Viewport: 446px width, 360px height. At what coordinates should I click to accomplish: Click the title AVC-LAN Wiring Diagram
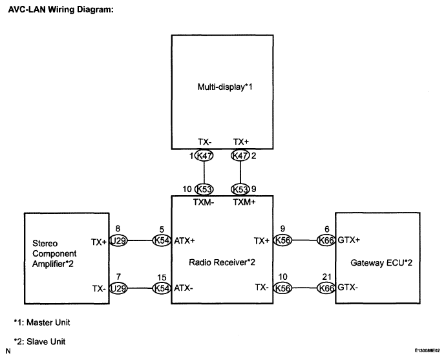point(61,10)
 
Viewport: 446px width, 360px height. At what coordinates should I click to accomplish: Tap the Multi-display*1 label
point(225,87)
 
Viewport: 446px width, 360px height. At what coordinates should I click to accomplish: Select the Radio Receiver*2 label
point(222,262)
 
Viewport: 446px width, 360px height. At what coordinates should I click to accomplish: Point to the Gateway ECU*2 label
point(381,262)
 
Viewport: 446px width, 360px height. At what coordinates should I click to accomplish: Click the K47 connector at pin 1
point(204,156)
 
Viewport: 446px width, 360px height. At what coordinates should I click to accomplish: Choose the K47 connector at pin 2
point(240,156)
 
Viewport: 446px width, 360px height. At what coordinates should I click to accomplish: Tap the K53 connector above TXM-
point(204,189)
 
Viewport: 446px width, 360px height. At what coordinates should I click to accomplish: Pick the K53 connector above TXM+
point(240,189)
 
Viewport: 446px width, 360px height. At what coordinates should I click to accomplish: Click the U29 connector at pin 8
point(118,241)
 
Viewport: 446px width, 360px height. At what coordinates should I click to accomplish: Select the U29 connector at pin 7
point(118,288)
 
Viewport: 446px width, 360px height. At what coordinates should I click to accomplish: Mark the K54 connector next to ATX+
point(162,240)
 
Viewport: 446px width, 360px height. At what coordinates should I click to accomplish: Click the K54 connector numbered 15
point(162,288)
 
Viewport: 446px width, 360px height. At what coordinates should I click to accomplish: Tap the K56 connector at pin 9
point(282,240)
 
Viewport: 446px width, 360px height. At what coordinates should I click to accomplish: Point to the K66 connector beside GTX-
point(326,288)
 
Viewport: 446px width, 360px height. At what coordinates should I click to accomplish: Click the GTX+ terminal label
point(349,240)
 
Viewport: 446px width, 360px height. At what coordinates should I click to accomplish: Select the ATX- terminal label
point(184,288)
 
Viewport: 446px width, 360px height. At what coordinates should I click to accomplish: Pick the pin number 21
point(327,277)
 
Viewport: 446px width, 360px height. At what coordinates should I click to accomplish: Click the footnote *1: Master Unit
point(42,323)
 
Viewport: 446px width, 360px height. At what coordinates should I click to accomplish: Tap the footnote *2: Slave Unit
point(39,341)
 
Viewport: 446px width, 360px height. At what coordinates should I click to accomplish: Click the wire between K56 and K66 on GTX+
point(304,240)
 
